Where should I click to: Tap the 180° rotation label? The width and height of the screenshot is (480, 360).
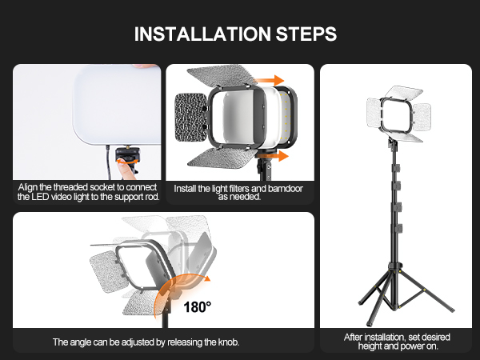197,305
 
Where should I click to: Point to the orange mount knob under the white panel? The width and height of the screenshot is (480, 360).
127,170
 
